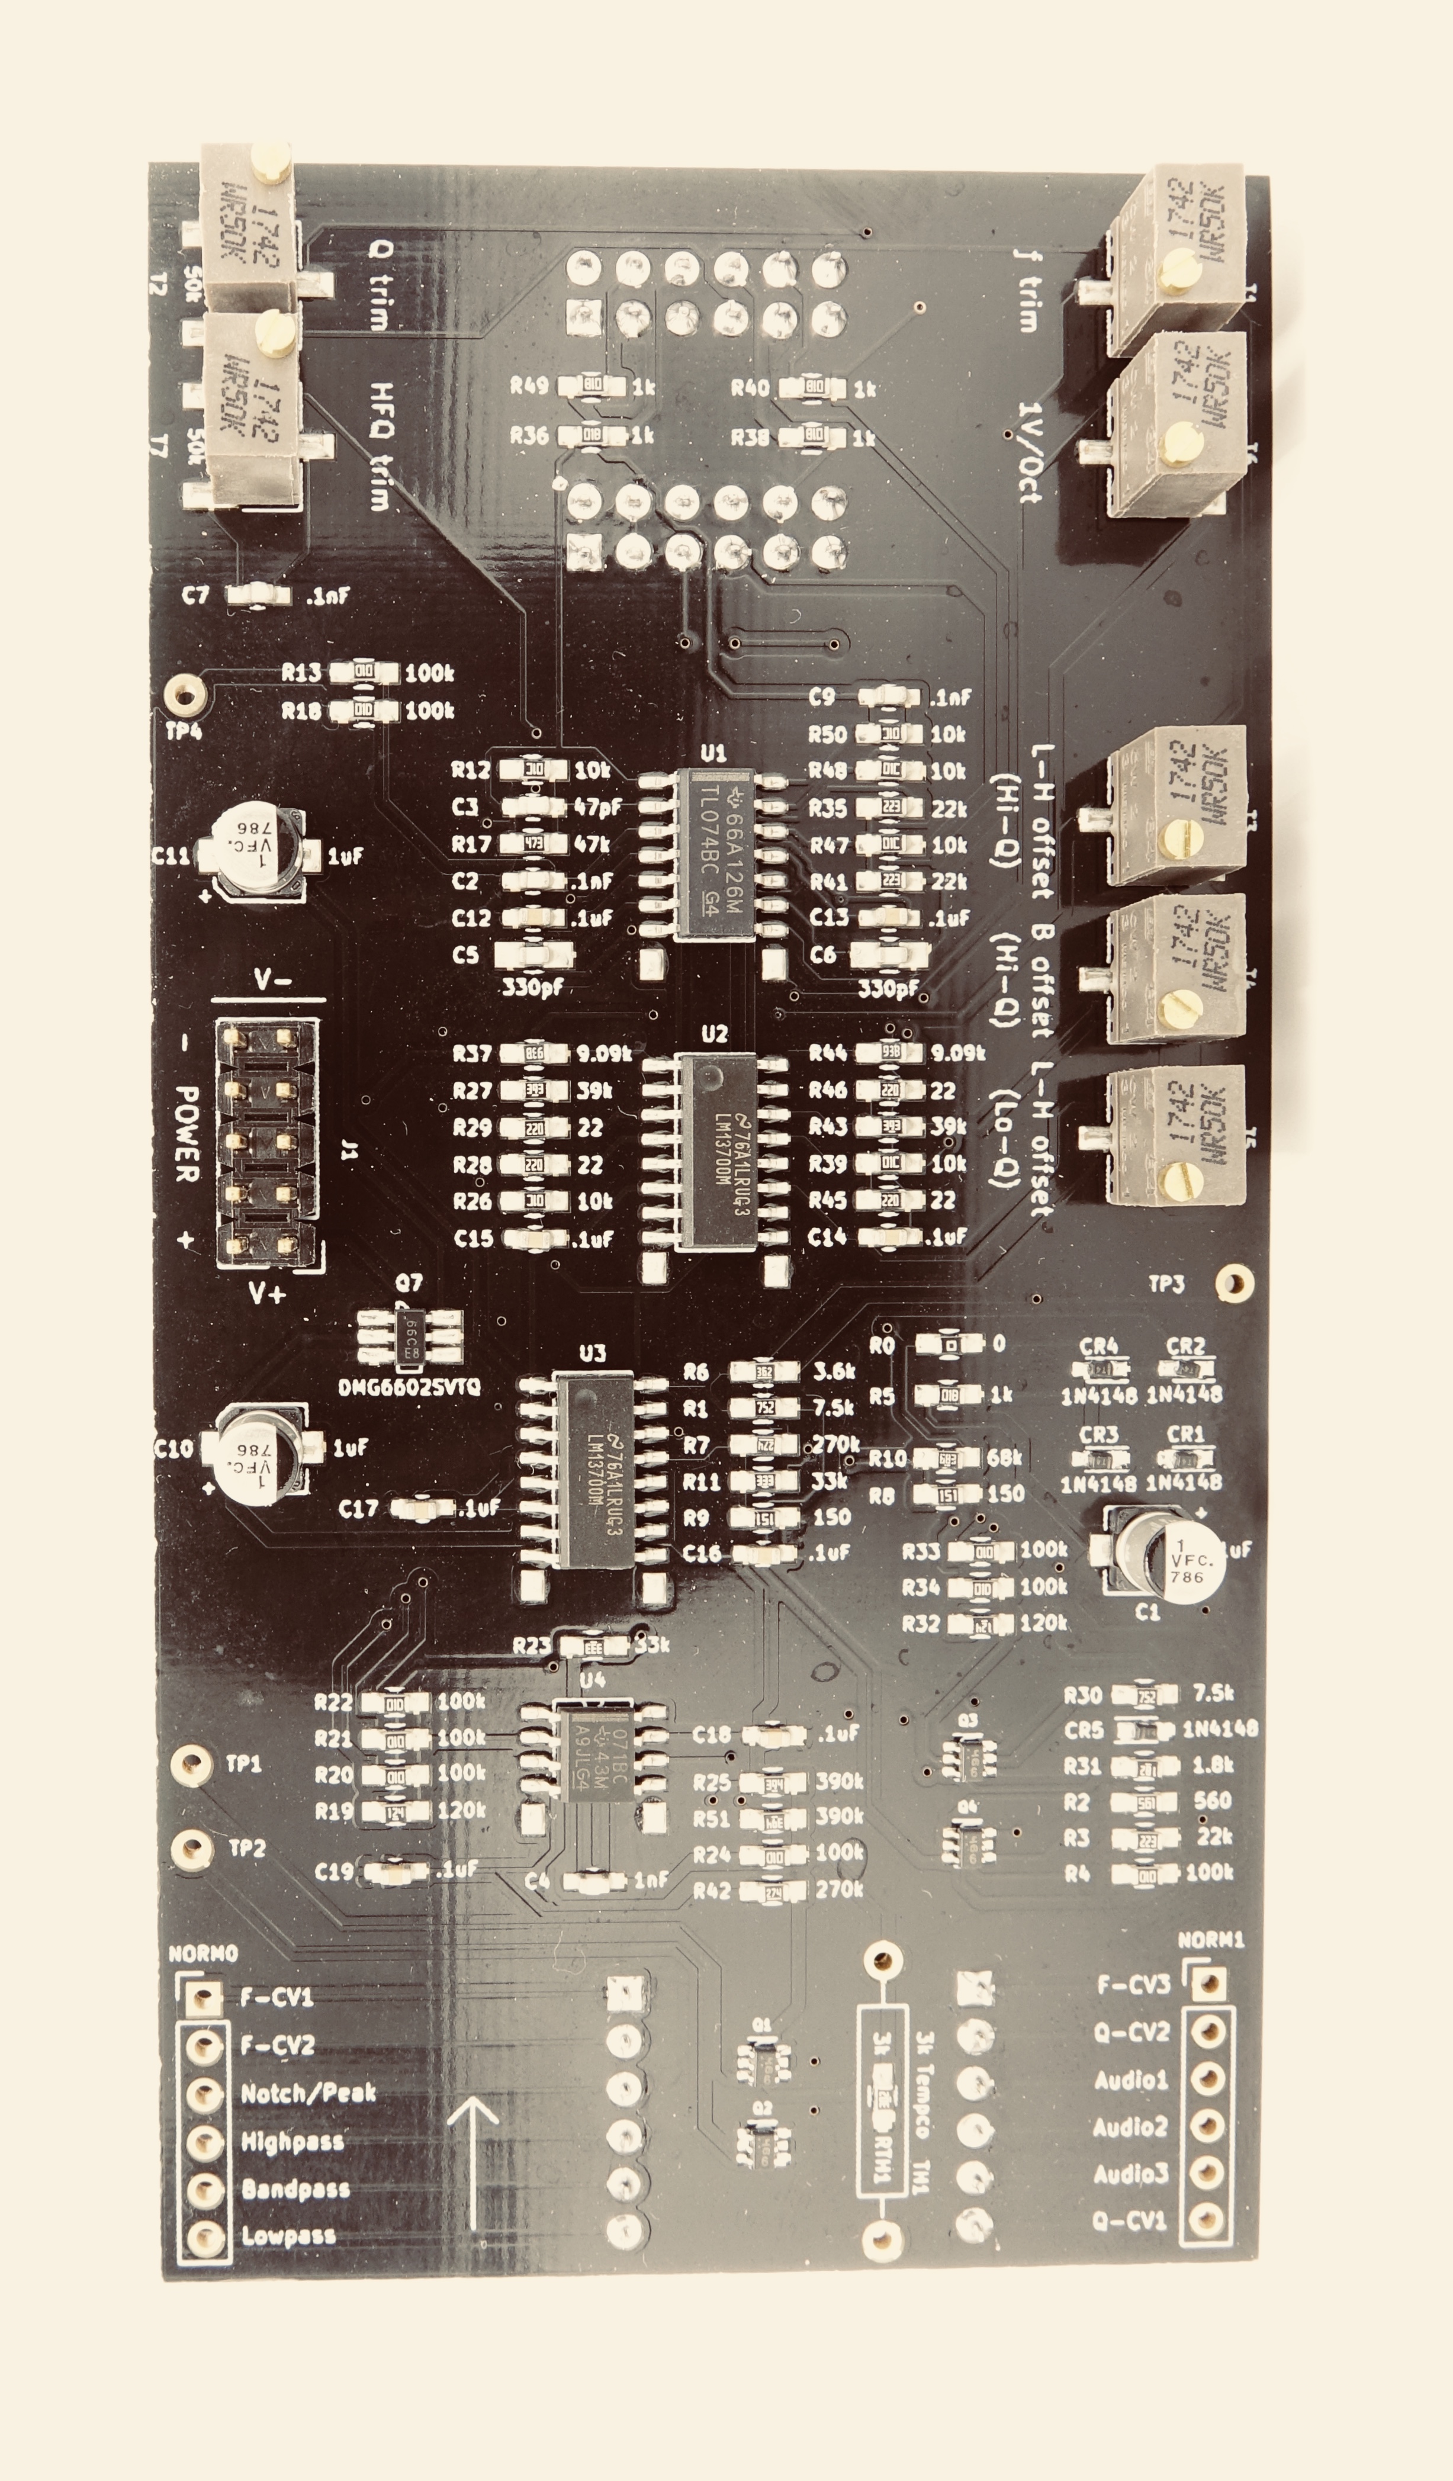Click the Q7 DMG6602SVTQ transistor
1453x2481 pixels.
pyautogui.click(x=410, y=1339)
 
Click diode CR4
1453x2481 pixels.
pyautogui.click(x=1100, y=1370)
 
